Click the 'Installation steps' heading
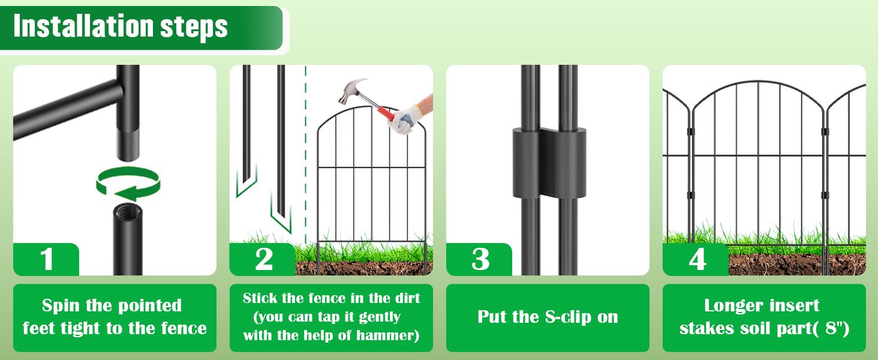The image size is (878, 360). click(121, 26)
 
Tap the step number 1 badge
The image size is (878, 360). click(46, 259)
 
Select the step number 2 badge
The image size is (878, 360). click(263, 259)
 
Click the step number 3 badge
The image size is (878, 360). click(479, 259)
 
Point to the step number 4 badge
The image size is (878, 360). click(696, 259)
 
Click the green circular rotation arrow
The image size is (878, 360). click(128, 184)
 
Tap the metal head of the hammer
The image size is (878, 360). click(351, 91)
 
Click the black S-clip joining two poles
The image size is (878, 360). click(549, 162)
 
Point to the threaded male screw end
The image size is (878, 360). click(128, 145)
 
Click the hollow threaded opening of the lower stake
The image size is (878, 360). click(128, 210)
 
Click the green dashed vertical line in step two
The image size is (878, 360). click(306, 155)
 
